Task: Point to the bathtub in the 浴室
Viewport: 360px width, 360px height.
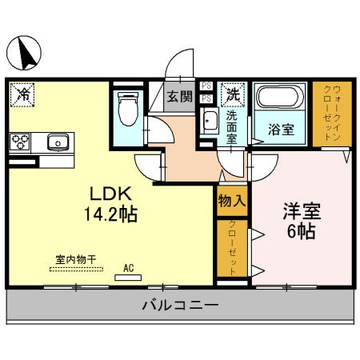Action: [279, 102]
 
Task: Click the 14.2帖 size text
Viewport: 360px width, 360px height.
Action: [110, 215]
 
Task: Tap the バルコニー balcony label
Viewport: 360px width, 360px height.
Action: [180, 305]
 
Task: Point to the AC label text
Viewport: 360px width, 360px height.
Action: [129, 268]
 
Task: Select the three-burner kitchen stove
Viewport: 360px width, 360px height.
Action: [21, 142]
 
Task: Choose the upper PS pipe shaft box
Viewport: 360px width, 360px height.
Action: [206, 86]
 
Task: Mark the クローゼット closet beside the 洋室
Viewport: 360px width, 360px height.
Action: [232, 247]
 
